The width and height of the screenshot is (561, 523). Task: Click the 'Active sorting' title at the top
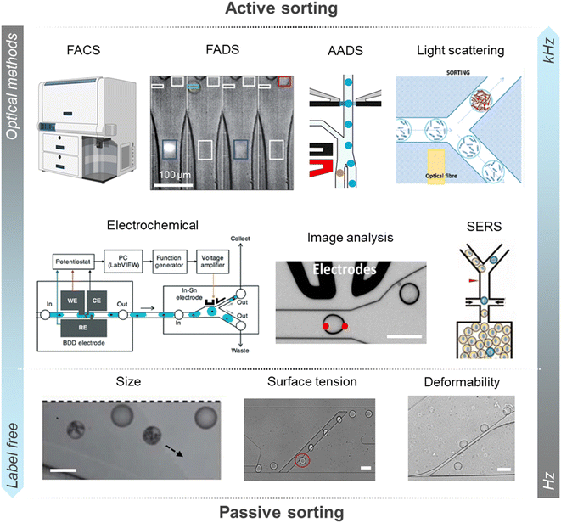pyautogui.click(x=279, y=10)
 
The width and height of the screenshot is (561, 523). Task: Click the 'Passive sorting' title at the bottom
pyautogui.click(x=279, y=512)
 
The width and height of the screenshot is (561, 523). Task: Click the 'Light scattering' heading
pyautogui.click(x=461, y=50)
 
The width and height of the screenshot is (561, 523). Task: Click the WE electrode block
pyautogui.click(x=74, y=298)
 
